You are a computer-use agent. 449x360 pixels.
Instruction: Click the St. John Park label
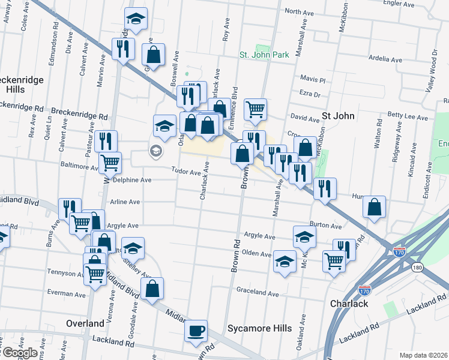264,55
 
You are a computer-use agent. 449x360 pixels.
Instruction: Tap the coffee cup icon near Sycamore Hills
196,331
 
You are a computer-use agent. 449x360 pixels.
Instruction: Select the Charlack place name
349,304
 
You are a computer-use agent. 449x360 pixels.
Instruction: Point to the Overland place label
85,323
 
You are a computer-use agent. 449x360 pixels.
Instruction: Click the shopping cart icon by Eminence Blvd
256,109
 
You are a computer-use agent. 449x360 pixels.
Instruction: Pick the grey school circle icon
155,151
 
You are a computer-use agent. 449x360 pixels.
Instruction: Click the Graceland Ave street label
258,294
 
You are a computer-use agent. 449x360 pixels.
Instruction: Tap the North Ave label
300,11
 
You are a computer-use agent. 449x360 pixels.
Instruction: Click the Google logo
19,353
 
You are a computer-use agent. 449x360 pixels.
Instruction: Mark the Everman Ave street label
68,295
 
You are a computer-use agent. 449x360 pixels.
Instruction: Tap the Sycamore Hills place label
259,328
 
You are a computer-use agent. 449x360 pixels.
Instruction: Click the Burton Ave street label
327,226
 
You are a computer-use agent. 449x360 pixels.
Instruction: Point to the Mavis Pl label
312,79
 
